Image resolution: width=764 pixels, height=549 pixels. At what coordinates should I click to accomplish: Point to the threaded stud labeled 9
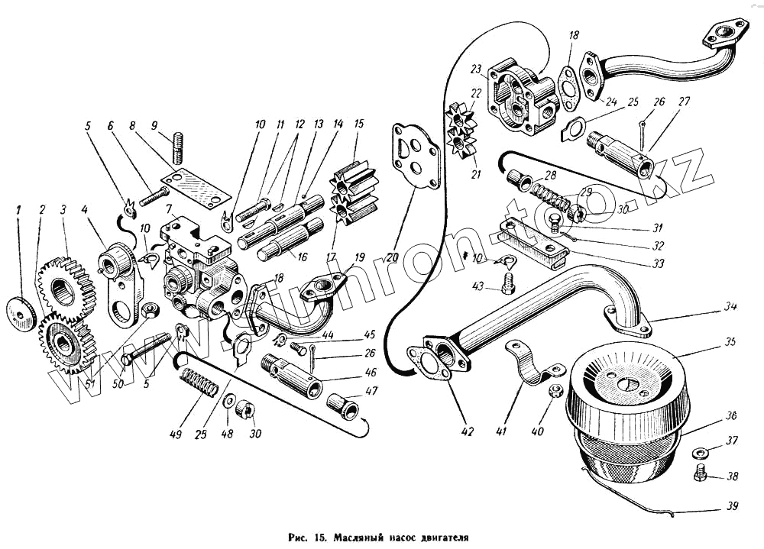(x=180, y=147)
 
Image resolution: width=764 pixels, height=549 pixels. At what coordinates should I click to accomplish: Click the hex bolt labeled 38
(x=700, y=476)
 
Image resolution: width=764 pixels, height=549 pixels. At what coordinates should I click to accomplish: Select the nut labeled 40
(x=556, y=392)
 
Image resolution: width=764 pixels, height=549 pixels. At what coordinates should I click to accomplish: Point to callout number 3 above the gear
(x=63, y=208)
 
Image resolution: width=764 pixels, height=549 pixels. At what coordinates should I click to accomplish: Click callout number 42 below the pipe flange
(x=468, y=432)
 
